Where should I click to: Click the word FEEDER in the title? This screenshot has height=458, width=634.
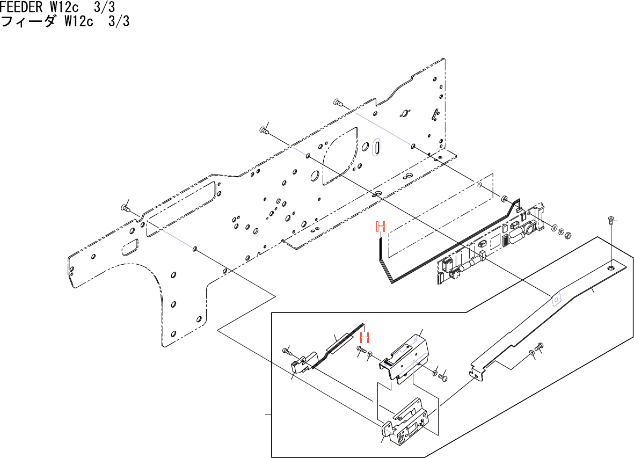click(20, 8)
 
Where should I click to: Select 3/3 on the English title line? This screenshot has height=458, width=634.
click(105, 8)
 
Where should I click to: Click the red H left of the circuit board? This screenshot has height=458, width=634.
click(381, 227)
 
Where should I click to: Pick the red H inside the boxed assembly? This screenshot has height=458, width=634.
click(365, 338)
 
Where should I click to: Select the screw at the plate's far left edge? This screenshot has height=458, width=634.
click(126, 208)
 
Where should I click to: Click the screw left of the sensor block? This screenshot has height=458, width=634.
click(287, 352)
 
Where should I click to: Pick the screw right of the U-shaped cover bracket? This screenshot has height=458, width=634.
click(443, 378)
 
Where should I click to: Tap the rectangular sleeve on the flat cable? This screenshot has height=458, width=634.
click(339, 343)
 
